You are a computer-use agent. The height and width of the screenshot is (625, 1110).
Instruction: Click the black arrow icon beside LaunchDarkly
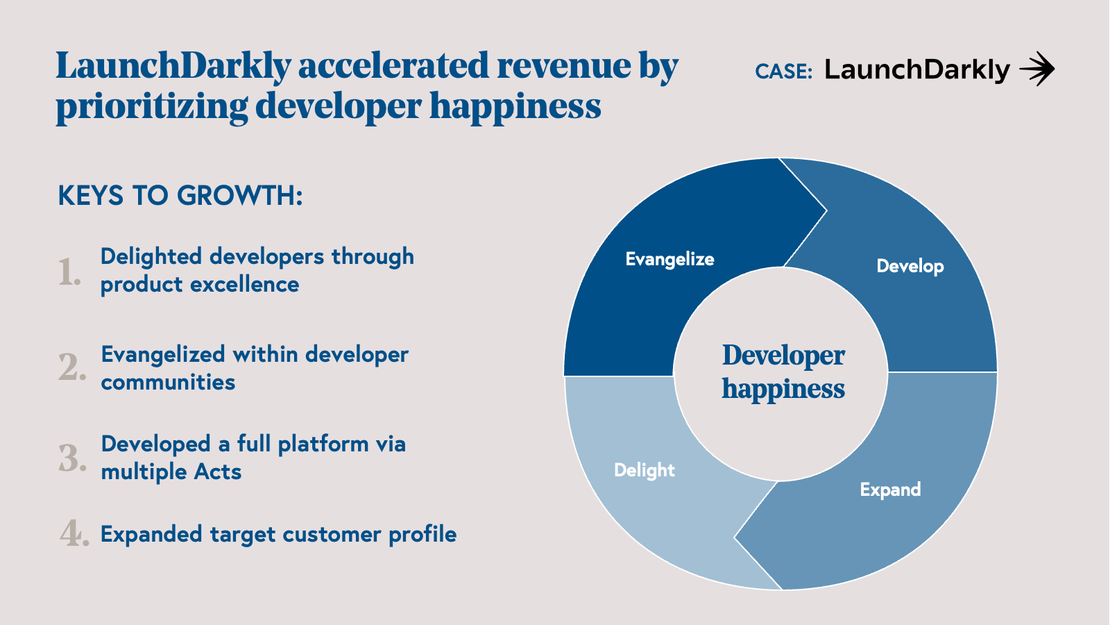[x=1036, y=69]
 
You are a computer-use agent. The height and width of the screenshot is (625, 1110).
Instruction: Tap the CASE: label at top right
[x=783, y=72]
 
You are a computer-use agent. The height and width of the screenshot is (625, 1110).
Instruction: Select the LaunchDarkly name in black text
[x=917, y=70]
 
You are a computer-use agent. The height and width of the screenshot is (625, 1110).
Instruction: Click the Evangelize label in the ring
[x=669, y=259]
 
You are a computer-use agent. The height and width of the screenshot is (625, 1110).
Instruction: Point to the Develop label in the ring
[x=910, y=267]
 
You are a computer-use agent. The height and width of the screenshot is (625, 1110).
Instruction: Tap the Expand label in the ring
[x=890, y=490]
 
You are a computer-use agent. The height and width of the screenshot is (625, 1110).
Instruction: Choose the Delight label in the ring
[x=644, y=470]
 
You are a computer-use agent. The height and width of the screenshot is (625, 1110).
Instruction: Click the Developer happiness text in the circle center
[x=783, y=372]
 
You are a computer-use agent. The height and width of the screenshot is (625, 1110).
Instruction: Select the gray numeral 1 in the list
[x=69, y=272]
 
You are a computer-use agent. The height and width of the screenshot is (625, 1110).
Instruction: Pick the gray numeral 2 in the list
[x=72, y=367]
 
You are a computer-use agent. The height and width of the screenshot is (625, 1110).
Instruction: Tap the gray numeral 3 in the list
[x=72, y=457]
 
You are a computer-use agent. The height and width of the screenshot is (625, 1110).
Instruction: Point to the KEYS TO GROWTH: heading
[x=180, y=195]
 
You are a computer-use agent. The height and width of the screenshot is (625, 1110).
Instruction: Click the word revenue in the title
[x=564, y=65]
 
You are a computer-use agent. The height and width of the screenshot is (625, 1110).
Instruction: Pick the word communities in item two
[x=168, y=383]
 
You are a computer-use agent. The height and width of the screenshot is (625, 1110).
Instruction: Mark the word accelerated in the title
[x=394, y=65]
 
